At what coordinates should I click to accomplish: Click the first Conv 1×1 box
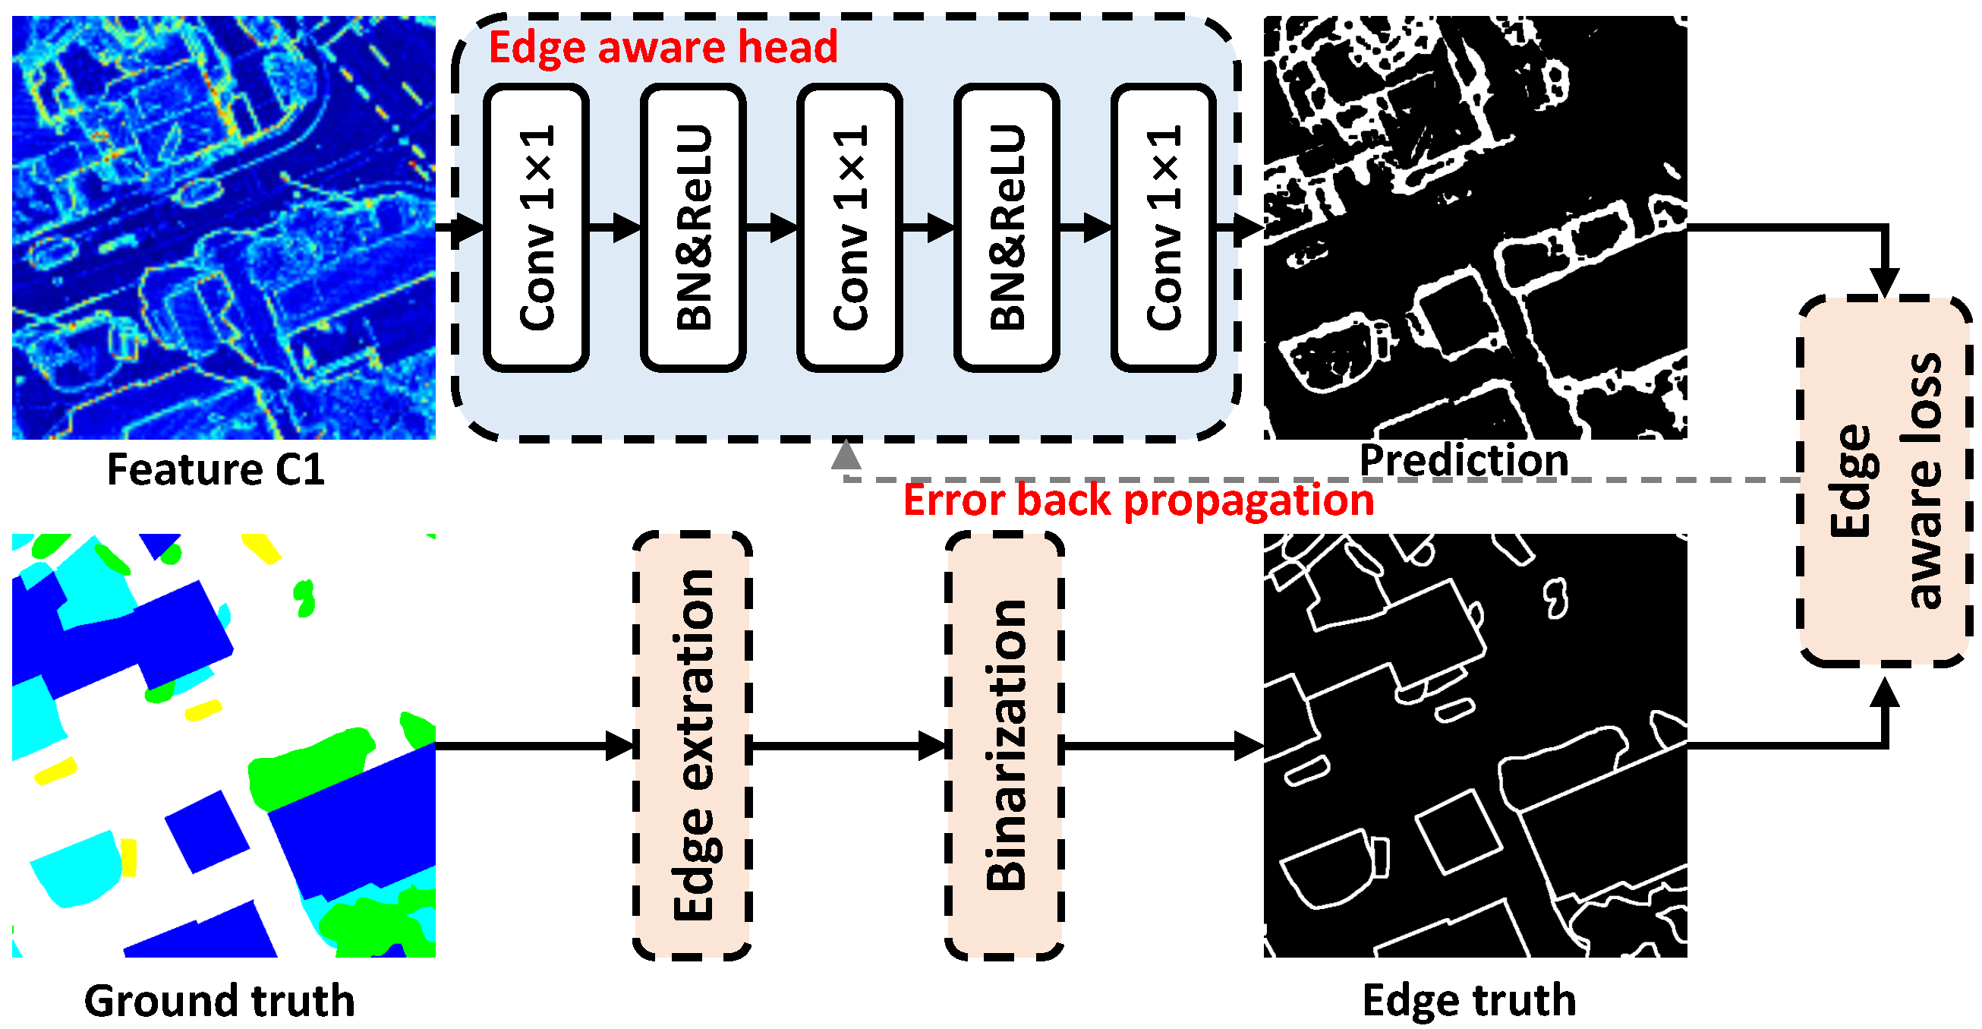tap(536, 228)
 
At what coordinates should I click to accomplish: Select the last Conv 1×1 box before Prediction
tap(1163, 228)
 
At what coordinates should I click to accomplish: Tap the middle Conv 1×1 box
tap(849, 228)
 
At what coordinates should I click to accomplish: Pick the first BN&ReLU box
tap(693, 228)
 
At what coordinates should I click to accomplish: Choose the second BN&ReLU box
tap(1007, 228)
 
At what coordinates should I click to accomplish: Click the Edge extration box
tap(692, 745)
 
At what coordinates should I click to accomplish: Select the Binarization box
tap(1004, 745)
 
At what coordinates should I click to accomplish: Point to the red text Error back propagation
tap(1138, 500)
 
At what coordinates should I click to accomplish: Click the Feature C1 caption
tap(216, 469)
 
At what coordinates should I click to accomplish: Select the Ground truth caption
tap(219, 1001)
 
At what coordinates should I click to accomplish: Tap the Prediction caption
tap(1464, 460)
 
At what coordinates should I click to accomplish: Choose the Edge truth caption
tap(1468, 1001)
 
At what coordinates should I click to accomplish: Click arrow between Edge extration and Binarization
tap(846, 745)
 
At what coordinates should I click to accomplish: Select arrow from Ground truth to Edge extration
tap(534, 745)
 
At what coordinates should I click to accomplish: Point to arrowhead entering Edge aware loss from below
tap(1884, 693)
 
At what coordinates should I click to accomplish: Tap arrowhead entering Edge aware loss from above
tap(1884, 282)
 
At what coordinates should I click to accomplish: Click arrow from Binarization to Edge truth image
tap(1162, 745)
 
